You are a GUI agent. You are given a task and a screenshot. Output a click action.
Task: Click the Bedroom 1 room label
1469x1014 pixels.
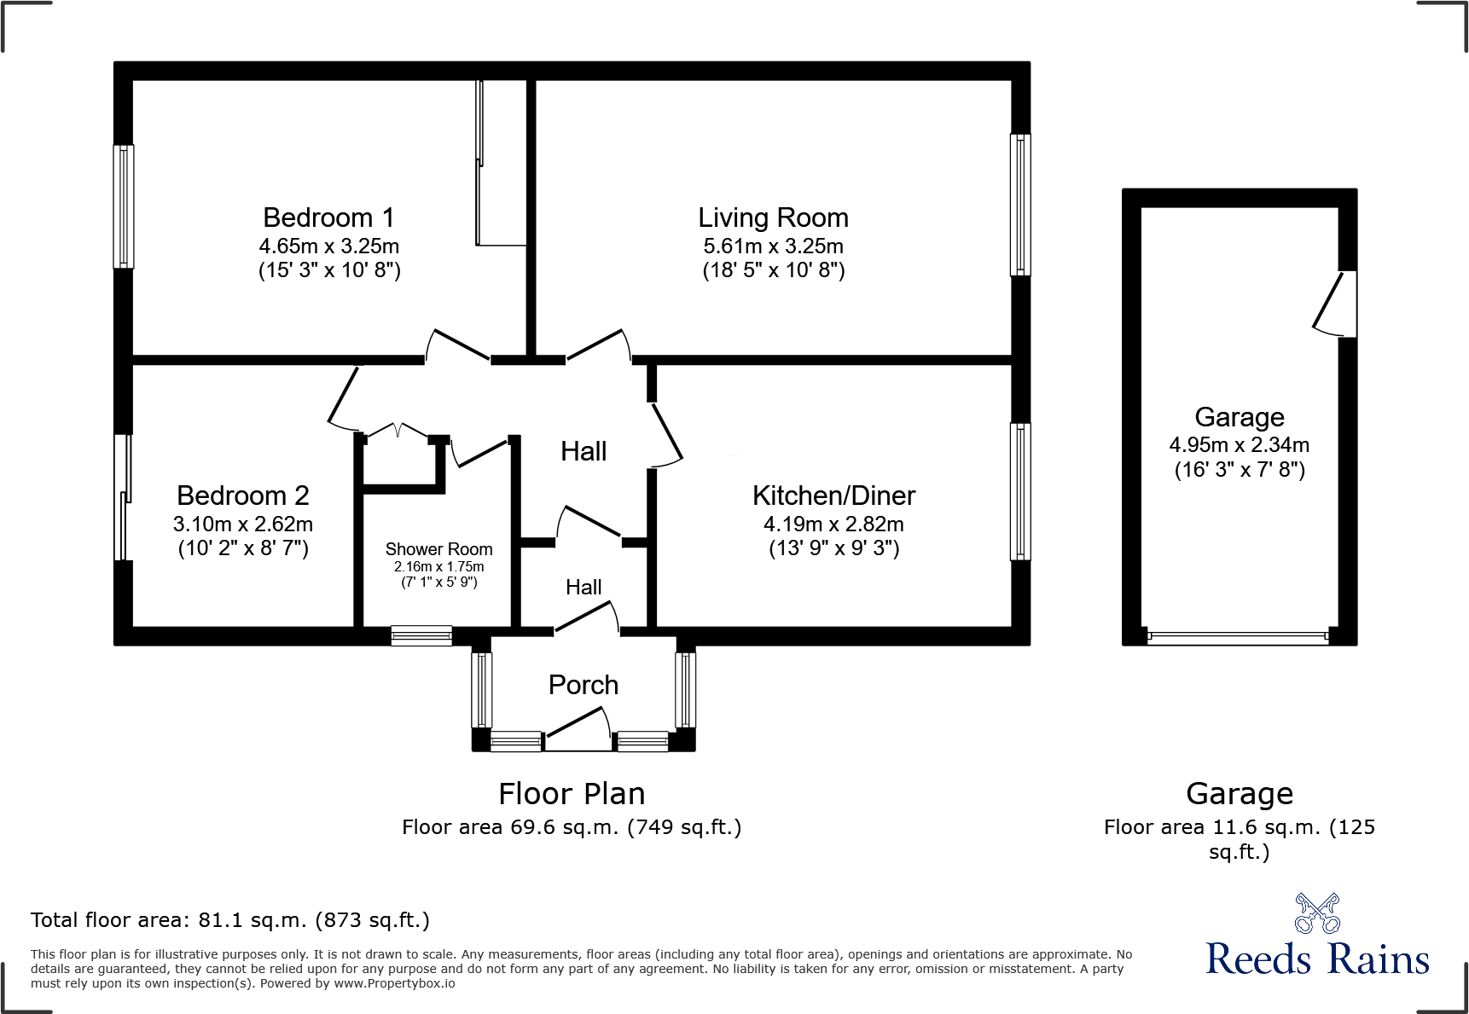click(328, 218)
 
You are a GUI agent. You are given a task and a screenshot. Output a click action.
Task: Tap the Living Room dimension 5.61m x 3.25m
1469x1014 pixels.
click(773, 246)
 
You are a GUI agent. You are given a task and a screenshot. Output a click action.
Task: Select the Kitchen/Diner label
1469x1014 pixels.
click(833, 495)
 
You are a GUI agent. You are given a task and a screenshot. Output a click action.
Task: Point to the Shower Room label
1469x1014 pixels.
click(438, 549)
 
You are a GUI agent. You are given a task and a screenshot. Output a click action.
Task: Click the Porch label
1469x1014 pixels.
click(583, 685)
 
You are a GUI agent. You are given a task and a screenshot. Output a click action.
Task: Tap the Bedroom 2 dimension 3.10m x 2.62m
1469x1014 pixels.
click(243, 524)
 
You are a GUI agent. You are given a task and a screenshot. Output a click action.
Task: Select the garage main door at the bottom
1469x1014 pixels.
click(1238, 637)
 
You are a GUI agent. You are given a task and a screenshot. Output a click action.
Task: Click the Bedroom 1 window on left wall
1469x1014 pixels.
click(124, 206)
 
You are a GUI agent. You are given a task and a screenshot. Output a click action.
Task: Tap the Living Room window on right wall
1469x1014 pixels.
click(1020, 205)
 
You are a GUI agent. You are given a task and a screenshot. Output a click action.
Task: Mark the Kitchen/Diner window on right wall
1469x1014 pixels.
click(1020, 491)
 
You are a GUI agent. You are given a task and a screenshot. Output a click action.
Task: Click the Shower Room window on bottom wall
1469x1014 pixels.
click(421, 635)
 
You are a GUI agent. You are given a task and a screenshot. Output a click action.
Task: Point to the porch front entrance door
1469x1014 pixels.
click(578, 733)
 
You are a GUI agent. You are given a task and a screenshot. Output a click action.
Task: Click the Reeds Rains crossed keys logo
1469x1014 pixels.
click(1317, 914)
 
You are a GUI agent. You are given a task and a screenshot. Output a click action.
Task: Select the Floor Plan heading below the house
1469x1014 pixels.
click(572, 794)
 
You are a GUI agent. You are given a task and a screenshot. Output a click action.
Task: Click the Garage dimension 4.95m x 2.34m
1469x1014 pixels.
click(1239, 445)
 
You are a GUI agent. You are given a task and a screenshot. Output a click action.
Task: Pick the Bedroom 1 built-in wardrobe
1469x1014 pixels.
click(502, 162)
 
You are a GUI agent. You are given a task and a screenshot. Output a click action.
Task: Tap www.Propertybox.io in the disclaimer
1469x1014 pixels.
click(394, 983)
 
